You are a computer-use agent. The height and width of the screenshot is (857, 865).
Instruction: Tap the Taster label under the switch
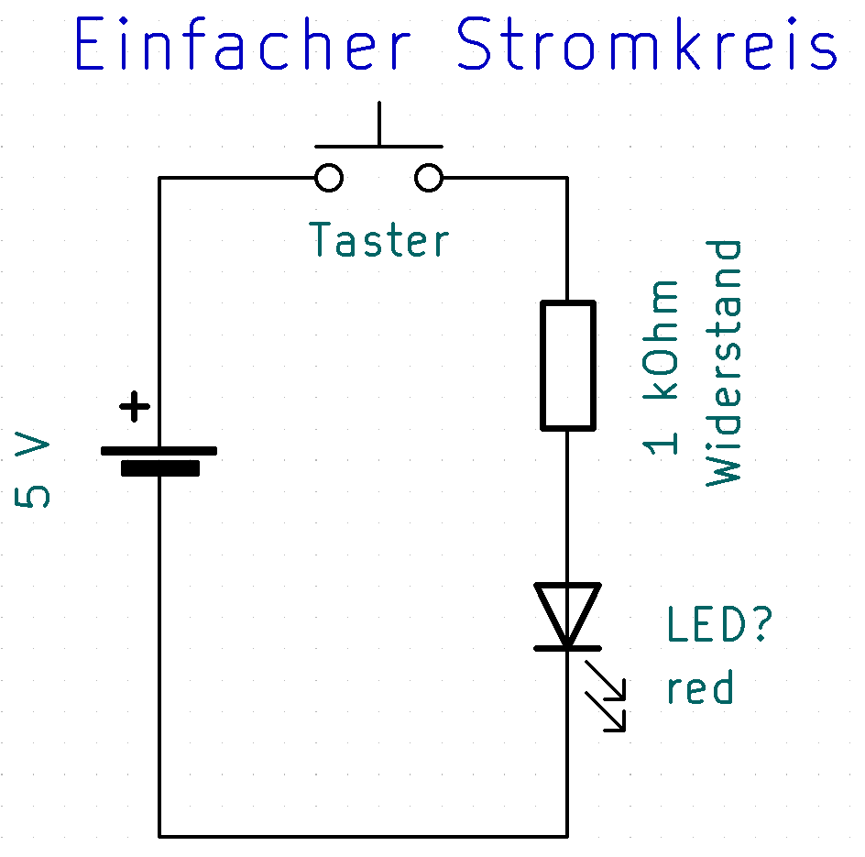(379, 239)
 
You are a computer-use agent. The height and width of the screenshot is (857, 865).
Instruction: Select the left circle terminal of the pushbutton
(329, 177)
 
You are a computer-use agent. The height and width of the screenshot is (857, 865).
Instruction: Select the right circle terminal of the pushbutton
(429, 177)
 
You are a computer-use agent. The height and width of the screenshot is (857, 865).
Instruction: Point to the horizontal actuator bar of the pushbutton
(378, 146)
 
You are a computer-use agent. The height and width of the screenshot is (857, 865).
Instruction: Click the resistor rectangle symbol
(567, 365)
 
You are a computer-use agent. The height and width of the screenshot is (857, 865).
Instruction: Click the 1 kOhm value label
(662, 367)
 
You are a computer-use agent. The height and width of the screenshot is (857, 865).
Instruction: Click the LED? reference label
(719, 626)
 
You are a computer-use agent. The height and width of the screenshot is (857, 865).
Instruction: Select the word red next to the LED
(700, 687)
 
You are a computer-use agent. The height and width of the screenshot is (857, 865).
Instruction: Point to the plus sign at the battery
(136, 405)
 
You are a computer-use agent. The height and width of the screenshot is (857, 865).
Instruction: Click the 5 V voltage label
(34, 472)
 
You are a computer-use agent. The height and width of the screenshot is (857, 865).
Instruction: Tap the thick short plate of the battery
(160, 469)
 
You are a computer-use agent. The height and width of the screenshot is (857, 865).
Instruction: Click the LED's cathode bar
(567, 647)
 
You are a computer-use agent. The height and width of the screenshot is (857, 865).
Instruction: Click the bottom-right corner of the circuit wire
(567, 836)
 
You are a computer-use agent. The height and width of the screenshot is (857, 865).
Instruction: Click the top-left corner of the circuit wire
(160, 178)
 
